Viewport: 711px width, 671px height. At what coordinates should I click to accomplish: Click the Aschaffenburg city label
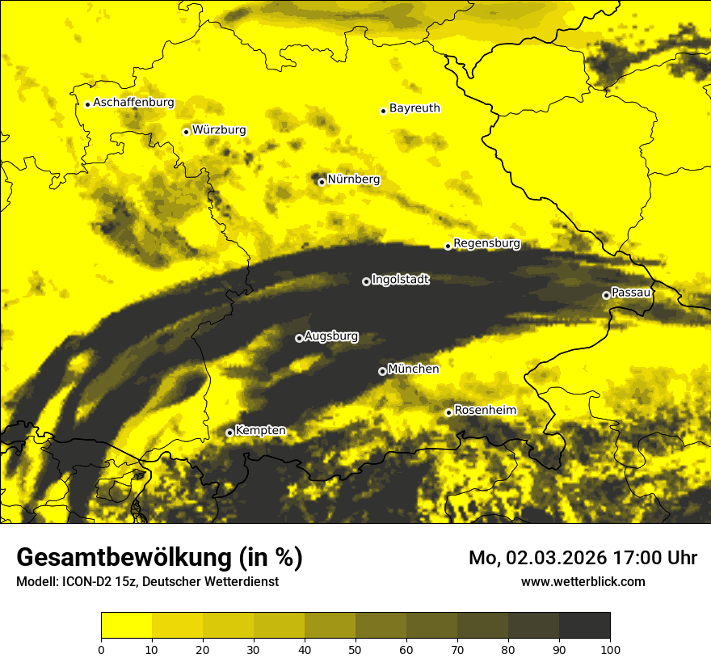[x=133, y=103]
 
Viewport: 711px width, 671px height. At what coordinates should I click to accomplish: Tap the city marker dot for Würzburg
[x=186, y=132]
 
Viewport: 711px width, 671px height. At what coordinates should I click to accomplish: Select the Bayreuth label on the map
[x=414, y=108]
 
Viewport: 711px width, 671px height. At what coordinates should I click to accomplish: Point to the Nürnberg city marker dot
[x=322, y=182]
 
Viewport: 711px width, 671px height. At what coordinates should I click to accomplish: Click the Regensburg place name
[x=486, y=243]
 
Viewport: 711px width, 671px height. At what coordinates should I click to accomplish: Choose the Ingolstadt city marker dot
[x=366, y=281]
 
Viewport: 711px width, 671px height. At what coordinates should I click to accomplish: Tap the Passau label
[x=631, y=292]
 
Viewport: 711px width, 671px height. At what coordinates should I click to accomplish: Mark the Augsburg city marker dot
[x=299, y=338]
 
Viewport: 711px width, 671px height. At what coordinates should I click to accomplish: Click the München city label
[x=414, y=369]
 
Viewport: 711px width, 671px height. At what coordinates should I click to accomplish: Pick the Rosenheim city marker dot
[x=448, y=413]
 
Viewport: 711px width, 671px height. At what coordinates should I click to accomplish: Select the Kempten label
[x=260, y=430]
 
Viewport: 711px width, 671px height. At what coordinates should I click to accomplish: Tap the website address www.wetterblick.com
[x=583, y=581]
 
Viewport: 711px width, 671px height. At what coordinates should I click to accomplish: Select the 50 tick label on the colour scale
[x=355, y=649]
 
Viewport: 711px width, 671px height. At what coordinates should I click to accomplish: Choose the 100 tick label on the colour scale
[x=609, y=649]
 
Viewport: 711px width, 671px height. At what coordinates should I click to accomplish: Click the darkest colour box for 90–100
[x=584, y=626]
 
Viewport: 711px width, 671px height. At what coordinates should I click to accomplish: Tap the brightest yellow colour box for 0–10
[x=127, y=626]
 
